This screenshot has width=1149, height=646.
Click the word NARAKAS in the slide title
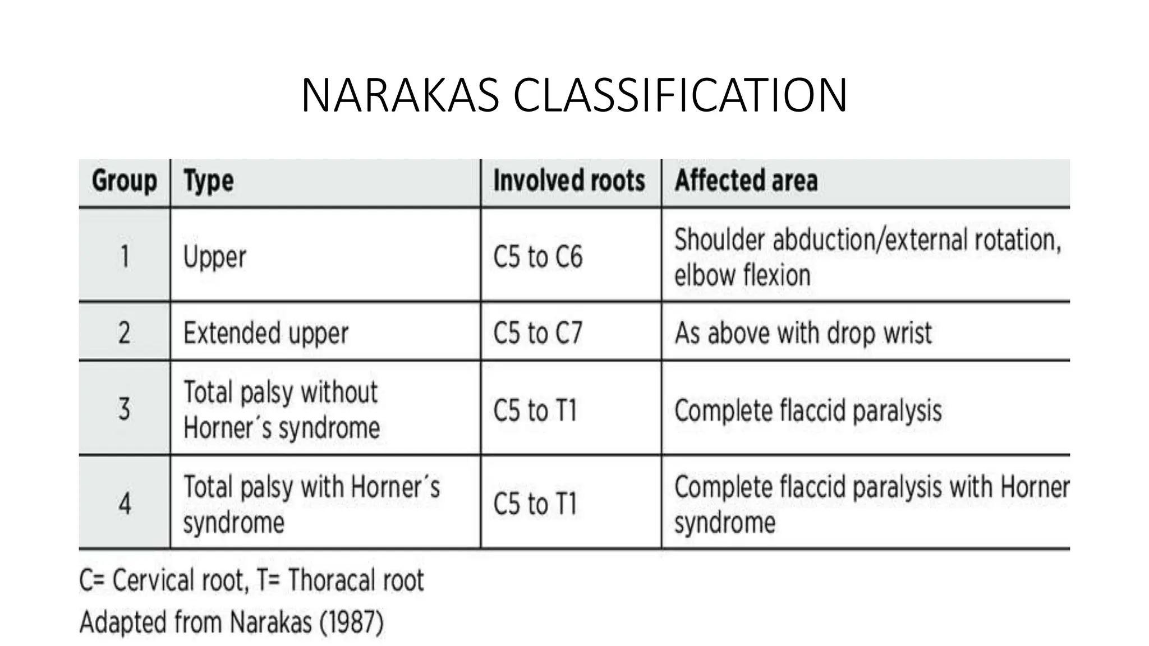click(x=399, y=95)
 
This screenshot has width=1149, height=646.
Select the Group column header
click(x=124, y=181)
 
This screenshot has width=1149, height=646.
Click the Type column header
click(x=209, y=181)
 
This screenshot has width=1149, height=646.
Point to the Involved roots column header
click(x=569, y=181)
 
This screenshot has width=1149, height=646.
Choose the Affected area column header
click(x=746, y=181)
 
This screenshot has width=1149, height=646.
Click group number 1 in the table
click(x=125, y=257)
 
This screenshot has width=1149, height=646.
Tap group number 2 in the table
click(x=125, y=333)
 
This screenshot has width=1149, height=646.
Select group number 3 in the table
click(x=125, y=409)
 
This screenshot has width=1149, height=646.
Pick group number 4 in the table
click(x=125, y=503)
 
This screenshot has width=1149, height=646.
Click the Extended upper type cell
click(x=266, y=333)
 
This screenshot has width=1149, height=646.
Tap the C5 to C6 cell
click(x=537, y=257)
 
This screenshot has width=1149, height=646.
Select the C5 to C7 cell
click(x=537, y=333)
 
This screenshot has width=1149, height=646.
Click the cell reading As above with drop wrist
click(x=803, y=333)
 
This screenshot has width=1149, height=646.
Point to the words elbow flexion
click(x=742, y=275)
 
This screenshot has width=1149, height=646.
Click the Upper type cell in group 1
click(x=215, y=257)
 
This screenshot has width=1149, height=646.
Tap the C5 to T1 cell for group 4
click(x=535, y=503)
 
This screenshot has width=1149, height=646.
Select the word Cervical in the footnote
click(x=149, y=580)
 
